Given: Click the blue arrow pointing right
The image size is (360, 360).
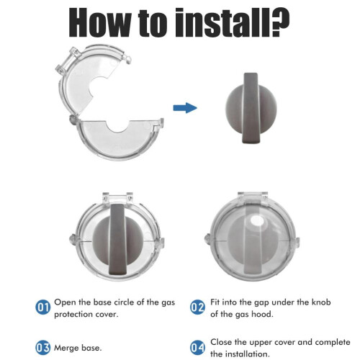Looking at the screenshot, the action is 185,108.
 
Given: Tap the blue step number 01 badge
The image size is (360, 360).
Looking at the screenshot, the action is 43,307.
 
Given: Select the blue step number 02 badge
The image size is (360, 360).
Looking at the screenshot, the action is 197,307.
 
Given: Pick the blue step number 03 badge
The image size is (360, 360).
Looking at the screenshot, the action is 43,348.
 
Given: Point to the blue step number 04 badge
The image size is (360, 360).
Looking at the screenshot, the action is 197,348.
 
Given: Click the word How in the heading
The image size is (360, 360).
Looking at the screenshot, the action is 100,22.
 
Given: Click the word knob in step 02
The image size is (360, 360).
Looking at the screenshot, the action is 321,302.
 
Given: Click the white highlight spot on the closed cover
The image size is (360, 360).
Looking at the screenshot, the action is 256,220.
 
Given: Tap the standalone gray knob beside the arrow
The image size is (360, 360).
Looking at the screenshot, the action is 251,108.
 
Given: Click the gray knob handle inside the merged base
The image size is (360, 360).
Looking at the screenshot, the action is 117,239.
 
